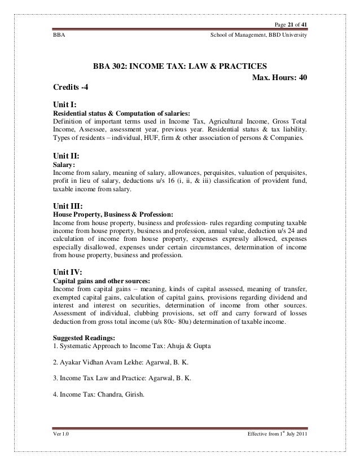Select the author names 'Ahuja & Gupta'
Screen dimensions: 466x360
tap(189, 345)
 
